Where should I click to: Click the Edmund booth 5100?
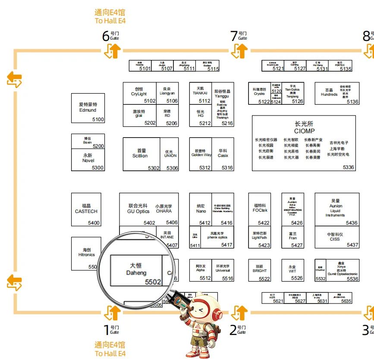point(88,108)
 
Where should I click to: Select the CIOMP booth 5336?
point(304,143)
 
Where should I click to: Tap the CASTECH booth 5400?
point(86,209)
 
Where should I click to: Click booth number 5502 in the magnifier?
point(153,282)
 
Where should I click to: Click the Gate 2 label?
point(237,330)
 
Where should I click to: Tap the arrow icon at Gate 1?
point(112,312)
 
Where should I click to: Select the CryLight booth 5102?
point(139,94)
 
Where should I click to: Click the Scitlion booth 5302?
point(141,154)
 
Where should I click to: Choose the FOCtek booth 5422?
point(260,209)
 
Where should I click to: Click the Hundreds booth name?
point(329,92)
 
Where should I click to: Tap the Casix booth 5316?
point(223,154)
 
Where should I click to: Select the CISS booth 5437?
point(337,237)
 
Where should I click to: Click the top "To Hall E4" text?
point(110,20)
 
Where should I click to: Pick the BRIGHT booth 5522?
point(260,270)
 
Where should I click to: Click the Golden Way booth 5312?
point(201,154)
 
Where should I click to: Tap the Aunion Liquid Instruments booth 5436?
point(337,209)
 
